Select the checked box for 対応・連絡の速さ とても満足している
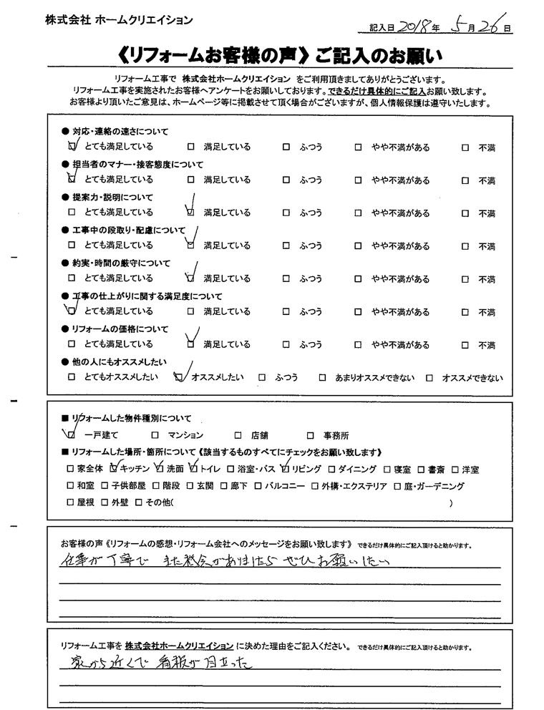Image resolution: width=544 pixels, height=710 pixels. (x=72, y=147)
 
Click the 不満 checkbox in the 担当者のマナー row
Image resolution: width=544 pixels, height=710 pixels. (x=465, y=180)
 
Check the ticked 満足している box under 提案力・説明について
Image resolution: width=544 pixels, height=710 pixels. (x=190, y=213)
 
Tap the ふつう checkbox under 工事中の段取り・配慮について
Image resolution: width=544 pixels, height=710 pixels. (x=286, y=245)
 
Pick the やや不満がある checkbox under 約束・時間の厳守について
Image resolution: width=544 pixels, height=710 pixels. (x=357, y=278)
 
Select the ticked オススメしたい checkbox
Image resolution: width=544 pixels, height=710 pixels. (x=178, y=377)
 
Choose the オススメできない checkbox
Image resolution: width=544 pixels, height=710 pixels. (x=429, y=377)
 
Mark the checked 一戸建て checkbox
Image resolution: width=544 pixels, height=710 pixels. (x=72, y=434)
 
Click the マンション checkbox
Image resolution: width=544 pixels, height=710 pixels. (x=155, y=434)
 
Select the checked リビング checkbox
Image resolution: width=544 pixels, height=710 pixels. (x=286, y=470)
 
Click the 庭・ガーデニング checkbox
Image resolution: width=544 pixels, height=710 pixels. (x=399, y=487)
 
